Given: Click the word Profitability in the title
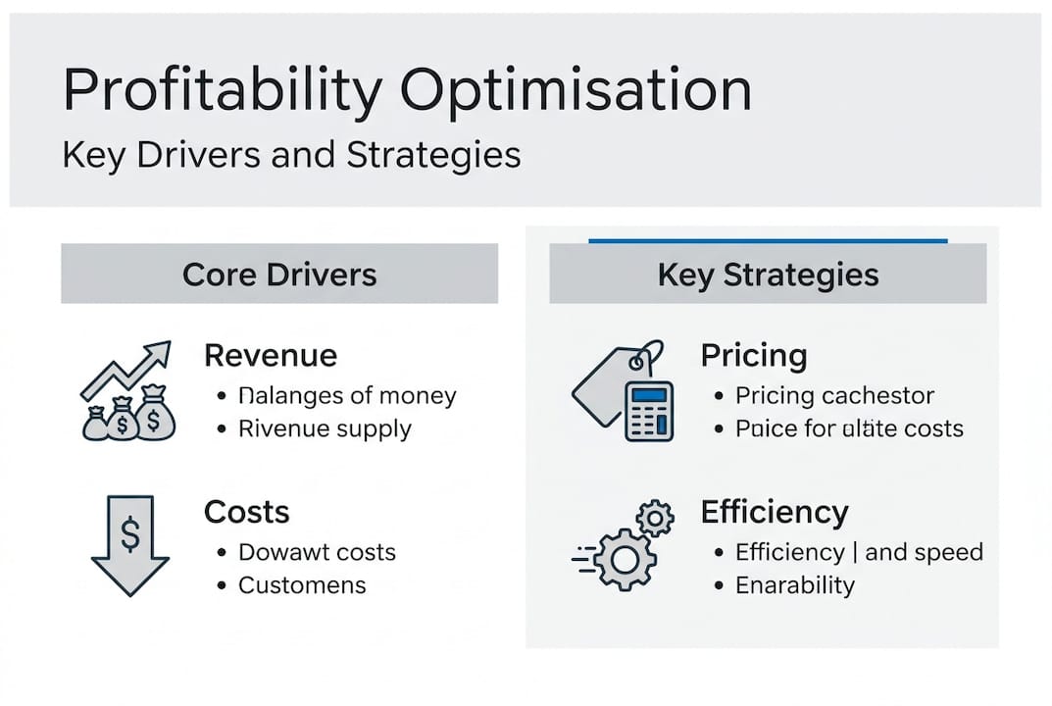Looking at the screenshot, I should [222, 91].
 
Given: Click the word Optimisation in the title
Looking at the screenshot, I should [576, 91].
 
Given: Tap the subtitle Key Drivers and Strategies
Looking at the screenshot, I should [291, 155].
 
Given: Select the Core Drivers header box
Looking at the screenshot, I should [279, 274].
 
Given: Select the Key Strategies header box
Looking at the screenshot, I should [768, 274].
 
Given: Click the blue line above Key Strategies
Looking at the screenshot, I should [768, 239].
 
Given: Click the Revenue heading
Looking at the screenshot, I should [270, 355].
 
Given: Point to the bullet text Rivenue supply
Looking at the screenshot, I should [325, 429].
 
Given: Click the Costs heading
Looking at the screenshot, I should [246, 511].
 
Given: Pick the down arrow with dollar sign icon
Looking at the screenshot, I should [129, 545].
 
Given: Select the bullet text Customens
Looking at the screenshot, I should [302, 585].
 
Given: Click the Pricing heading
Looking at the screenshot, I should [753, 355].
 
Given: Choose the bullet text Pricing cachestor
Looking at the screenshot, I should [834, 396].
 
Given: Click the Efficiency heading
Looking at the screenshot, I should [774, 511].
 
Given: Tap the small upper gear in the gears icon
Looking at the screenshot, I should [654, 517].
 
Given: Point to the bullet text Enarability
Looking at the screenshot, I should [795, 585].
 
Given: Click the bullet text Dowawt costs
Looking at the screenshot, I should [317, 551].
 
